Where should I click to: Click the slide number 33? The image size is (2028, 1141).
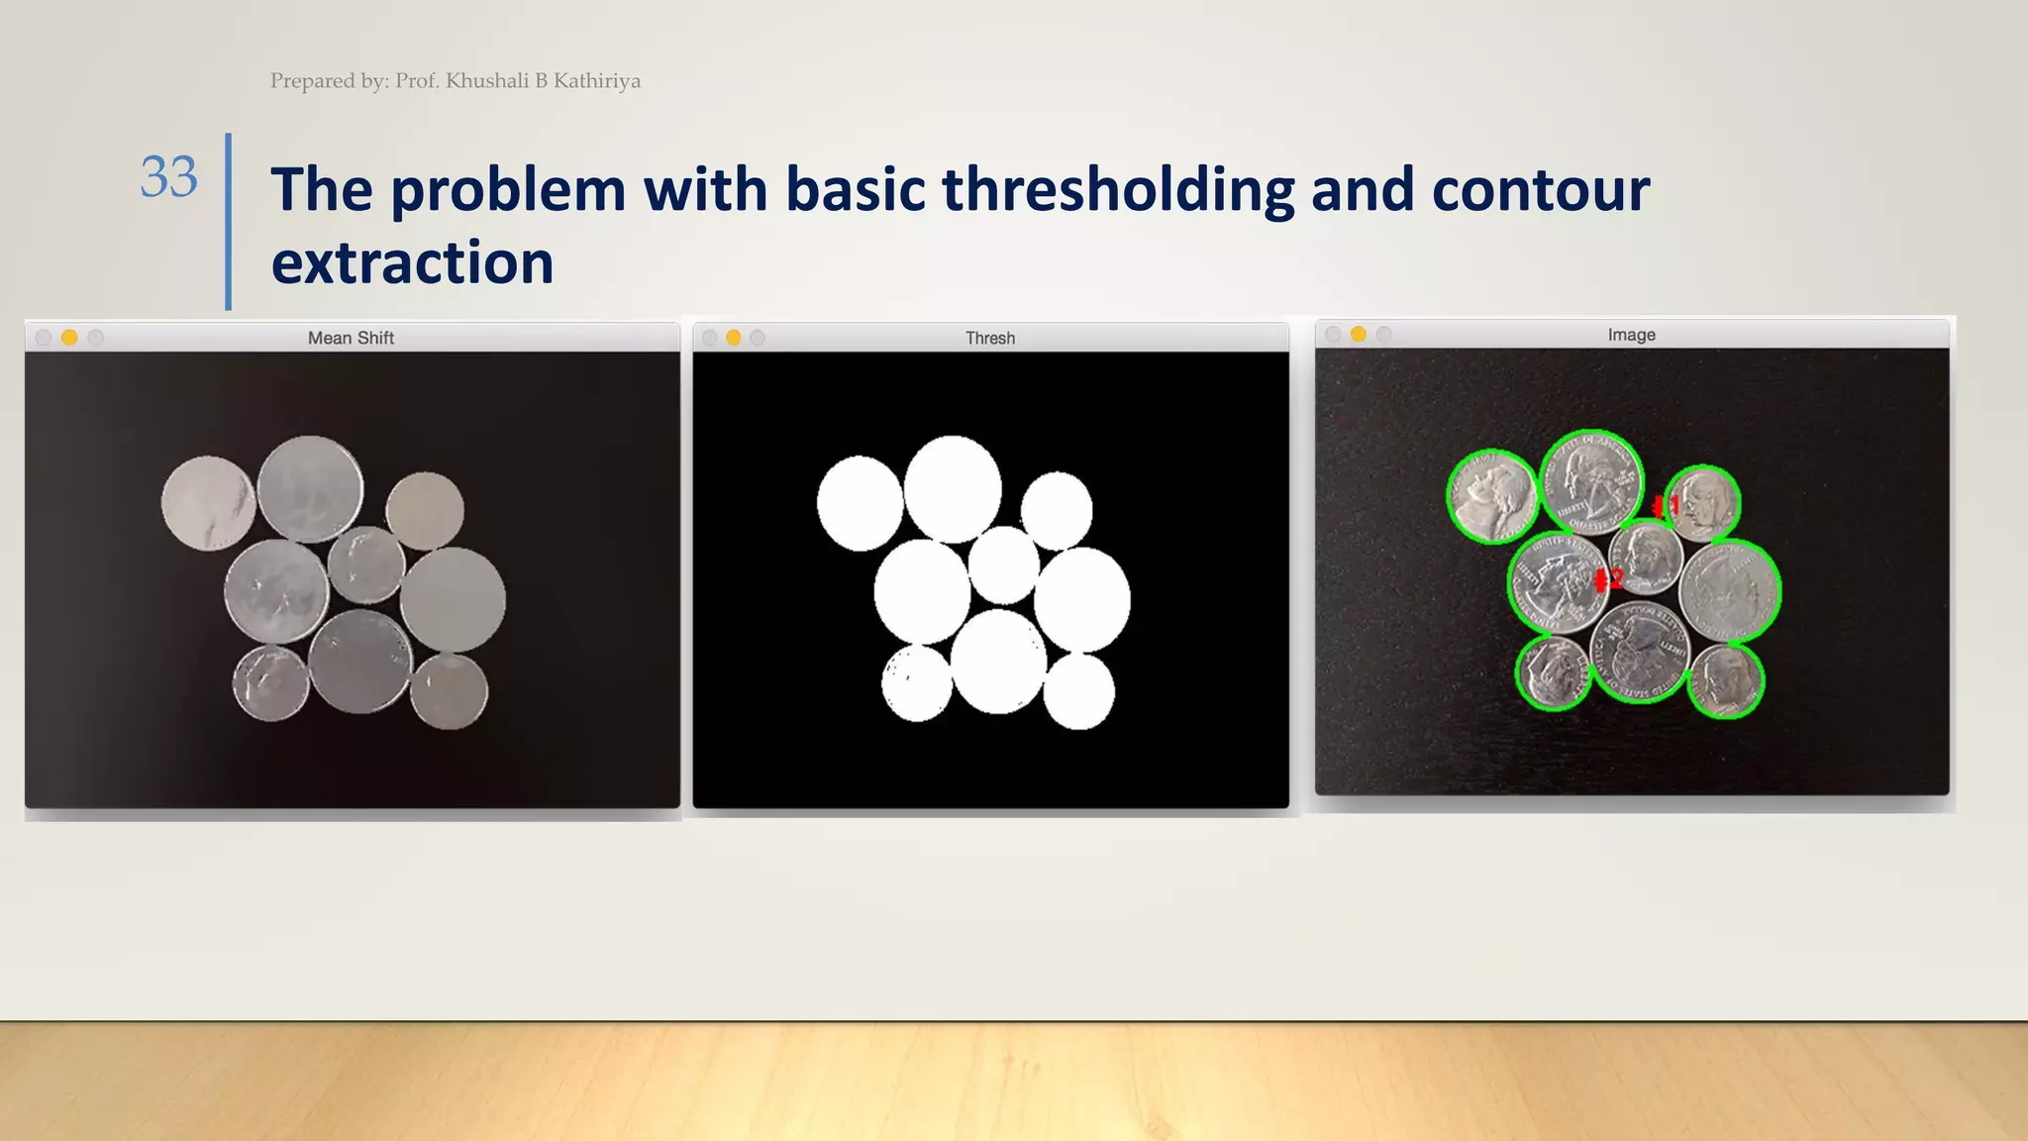point(168,178)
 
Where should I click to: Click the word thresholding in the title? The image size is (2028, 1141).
point(1118,190)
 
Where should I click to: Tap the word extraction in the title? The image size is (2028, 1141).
point(412,263)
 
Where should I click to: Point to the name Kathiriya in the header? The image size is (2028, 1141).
point(596,81)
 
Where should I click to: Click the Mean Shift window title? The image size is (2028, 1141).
point(351,338)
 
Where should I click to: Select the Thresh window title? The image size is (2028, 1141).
point(990,338)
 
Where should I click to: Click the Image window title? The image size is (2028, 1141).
point(1631,335)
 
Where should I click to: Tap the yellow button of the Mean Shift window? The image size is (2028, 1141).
point(69,338)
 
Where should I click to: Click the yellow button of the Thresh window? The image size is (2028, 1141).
point(733,338)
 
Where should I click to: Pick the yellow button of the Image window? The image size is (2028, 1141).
point(1359,335)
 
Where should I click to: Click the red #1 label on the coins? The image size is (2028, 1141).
point(1668,507)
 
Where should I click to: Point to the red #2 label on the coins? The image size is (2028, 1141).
point(1609,579)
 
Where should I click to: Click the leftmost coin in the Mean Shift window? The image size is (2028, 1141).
point(208,502)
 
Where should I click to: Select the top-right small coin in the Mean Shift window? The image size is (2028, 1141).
point(425,510)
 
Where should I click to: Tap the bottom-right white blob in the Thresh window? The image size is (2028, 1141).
point(1079,691)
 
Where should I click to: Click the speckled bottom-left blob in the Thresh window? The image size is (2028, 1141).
point(917,683)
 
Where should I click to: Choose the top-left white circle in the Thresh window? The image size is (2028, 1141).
point(860,503)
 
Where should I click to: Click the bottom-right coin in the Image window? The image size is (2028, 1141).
point(1726,680)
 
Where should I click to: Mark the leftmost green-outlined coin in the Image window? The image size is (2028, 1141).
point(1492,495)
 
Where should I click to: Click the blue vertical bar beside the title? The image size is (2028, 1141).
point(229,222)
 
